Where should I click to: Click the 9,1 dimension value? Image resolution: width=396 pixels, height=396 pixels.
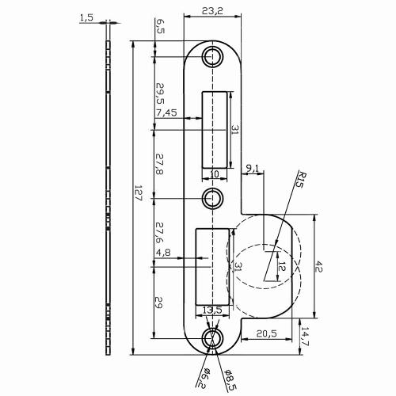(253, 167)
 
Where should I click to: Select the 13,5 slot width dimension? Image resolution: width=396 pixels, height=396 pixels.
(211, 310)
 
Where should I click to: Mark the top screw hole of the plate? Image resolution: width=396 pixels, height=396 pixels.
(212, 57)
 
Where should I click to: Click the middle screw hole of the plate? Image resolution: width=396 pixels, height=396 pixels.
(212, 197)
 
